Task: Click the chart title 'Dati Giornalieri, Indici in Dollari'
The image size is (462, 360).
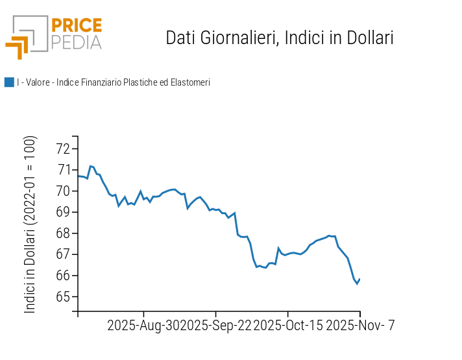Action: [280, 38]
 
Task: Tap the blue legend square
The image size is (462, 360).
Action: [9, 82]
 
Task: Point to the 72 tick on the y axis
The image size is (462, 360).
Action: [64, 149]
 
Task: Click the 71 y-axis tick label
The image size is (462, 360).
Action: [64, 170]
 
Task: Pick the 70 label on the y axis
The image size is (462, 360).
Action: [64, 191]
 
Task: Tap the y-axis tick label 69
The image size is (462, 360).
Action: [64, 212]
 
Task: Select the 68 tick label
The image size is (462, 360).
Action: [64, 234]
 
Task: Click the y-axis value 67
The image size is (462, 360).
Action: [64, 255]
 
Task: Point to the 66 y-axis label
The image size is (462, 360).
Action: [64, 276]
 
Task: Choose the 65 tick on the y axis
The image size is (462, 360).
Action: [64, 297]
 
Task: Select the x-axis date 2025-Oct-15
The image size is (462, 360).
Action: [287, 326]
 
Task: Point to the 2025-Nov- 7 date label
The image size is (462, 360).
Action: [359, 326]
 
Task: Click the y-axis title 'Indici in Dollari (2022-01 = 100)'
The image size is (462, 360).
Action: [30, 224]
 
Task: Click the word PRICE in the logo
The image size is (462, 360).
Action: [76, 26]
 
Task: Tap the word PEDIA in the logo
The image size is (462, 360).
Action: [76, 42]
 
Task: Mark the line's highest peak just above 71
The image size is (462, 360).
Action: [90, 166]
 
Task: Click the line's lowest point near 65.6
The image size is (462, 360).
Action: [357, 283]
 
